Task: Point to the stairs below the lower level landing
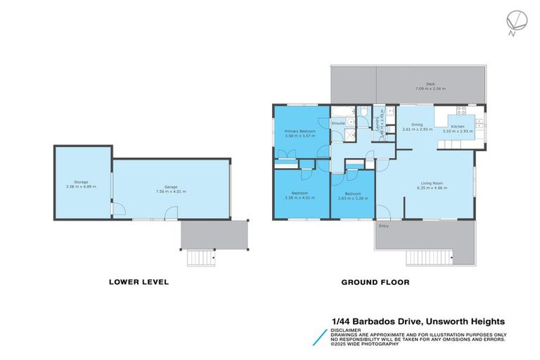tap(200, 259)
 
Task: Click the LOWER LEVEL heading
tap(139, 283)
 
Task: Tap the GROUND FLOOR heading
tap(375, 283)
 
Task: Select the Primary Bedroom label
tap(300, 131)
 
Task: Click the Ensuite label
tap(337, 123)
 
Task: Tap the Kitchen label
tap(458, 127)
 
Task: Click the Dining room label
tap(416, 125)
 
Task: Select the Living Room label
tap(432, 184)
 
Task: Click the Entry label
tap(384, 226)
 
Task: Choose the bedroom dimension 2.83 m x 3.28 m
tap(353, 198)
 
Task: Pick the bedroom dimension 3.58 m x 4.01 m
tap(300, 198)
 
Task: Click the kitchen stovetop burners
tap(463, 110)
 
